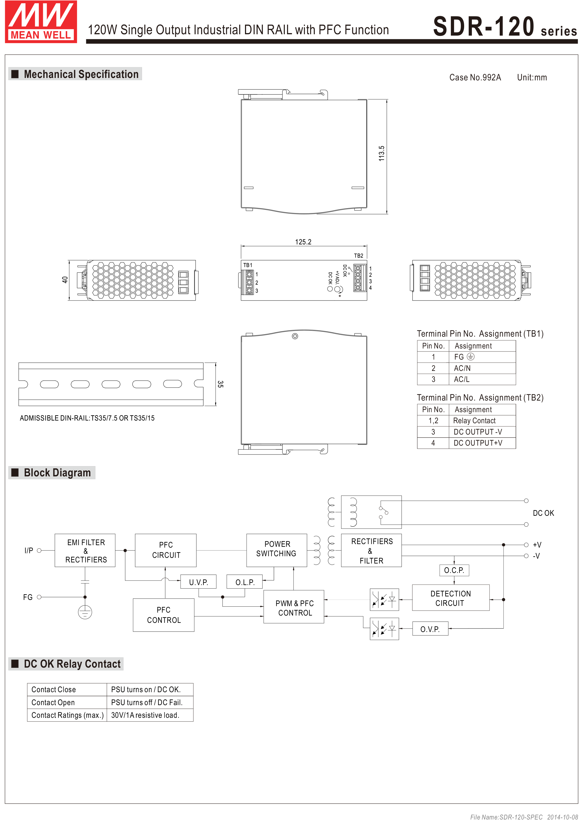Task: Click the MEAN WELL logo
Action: coord(41,22)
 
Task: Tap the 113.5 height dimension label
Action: coord(381,153)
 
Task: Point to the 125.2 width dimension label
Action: coord(303,242)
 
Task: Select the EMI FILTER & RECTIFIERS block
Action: coord(85,550)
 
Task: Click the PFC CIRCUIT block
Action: coord(165,550)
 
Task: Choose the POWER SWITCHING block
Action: coord(277,550)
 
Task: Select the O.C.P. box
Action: coord(454,570)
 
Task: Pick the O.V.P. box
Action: coord(430,629)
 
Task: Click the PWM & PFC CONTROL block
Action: coord(294,607)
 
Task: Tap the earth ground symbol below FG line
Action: coord(85,612)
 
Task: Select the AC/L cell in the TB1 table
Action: coord(462,379)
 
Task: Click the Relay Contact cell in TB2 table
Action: coord(474,420)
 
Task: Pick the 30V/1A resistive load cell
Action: coord(145,715)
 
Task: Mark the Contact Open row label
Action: coord(53,702)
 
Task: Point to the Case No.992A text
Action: coord(475,77)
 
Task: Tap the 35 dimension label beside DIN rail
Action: coord(220,384)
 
